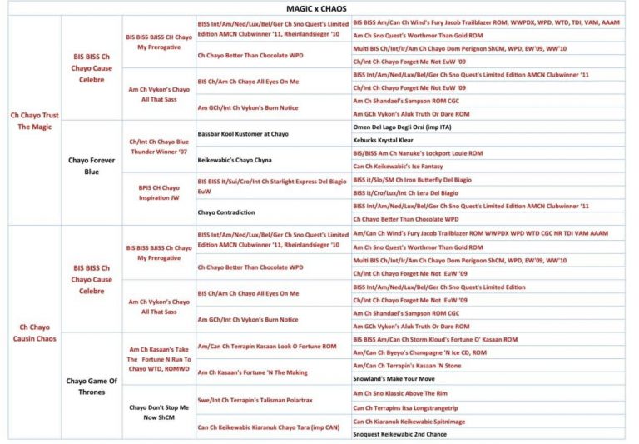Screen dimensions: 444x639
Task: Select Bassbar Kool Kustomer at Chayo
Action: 243,133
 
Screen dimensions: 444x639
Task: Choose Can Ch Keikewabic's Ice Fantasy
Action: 399,167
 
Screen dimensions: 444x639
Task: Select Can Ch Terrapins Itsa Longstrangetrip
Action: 406,407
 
